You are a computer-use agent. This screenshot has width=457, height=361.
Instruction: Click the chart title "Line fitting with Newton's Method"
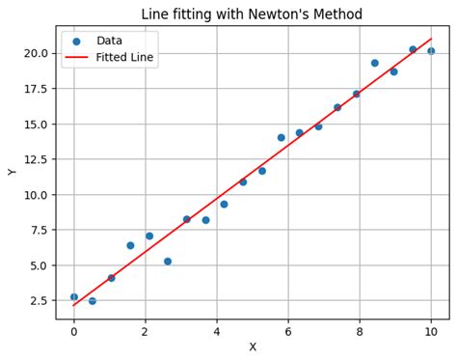pos(252,14)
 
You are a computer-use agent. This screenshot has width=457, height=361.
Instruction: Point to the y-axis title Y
pos(13,172)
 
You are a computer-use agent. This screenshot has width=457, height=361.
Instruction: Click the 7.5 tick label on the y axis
pos(38,230)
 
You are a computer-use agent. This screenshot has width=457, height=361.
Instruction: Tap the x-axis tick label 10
pos(431,332)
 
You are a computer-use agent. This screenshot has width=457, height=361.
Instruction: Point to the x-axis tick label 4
pos(217,332)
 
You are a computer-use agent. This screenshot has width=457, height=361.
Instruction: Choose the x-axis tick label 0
pos(74,332)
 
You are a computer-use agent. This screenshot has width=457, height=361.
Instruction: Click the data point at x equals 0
pos(74,297)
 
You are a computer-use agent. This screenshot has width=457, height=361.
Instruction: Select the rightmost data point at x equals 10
pos(431,51)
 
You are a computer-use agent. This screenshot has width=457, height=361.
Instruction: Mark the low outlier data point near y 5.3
pos(168,262)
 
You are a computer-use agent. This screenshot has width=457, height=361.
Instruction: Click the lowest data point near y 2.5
pos(93,301)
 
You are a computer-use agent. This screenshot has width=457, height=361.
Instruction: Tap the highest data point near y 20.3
pos(413,49)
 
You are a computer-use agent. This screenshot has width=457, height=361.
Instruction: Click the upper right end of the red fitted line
pos(431,39)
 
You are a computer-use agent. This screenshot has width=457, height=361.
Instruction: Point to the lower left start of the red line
pos(74,306)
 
